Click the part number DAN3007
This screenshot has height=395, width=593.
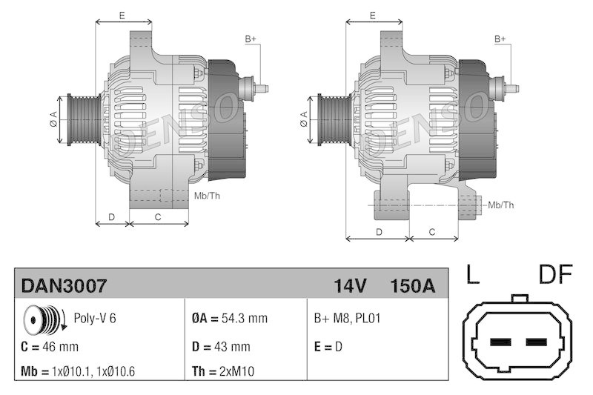[x=64, y=285]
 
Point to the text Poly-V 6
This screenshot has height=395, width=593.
[x=95, y=319]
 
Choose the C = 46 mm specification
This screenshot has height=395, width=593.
[x=50, y=346]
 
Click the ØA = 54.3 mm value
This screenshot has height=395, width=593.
[x=229, y=319]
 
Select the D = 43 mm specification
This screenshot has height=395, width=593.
[x=221, y=346]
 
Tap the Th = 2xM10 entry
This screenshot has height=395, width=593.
[x=223, y=371]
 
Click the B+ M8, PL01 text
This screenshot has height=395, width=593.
[x=348, y=319]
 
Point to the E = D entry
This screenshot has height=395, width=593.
[x=328, y=346]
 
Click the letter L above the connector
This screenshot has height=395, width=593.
[x=472, y=276]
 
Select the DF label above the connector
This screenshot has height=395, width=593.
[x=555, y=276]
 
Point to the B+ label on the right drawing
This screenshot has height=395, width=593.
[x=500, y=39]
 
